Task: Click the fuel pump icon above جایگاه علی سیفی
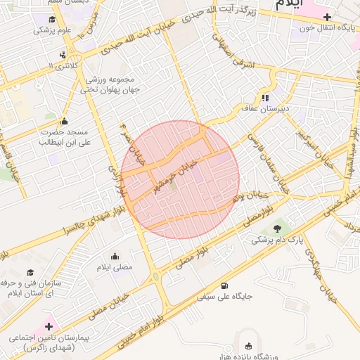(224, 285)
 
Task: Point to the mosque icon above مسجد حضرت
(65, 121)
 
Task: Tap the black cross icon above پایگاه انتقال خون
(326, 16)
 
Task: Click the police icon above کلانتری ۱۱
(64, 54)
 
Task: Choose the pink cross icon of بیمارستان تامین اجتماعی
(49, 326)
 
